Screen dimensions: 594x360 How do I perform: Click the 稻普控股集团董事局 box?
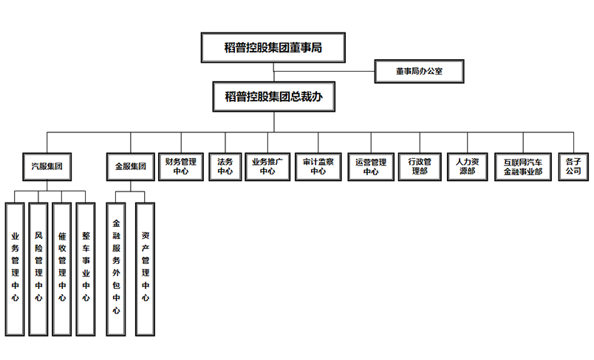[x=273, y=47]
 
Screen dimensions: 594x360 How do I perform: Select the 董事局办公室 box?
[x=420, y=71]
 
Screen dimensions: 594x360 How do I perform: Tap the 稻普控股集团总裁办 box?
[x=274, y=97]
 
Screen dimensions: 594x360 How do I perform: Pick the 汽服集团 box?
[x=47, y=167]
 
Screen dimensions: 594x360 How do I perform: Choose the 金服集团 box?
[x=131, y=167]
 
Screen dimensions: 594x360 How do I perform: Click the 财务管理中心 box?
[x=181, y=167]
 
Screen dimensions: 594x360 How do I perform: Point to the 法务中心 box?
[x=225, y=167]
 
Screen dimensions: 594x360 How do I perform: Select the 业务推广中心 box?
[x=267, y=167]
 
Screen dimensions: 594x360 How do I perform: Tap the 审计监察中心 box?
[x=318, y=167]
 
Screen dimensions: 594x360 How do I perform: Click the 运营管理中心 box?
[x=371, y=167]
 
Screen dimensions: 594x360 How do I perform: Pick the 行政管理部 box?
[x=420, y=167]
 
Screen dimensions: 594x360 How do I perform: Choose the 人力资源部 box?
[x=468, y=167]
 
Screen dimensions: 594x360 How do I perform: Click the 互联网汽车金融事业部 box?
[x=523, y=167]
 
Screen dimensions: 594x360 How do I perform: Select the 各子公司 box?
[x=573, y=167]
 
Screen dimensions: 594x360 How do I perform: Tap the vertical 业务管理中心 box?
[x=15, y=269]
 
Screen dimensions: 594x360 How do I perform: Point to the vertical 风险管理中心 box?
[x=38, y=269]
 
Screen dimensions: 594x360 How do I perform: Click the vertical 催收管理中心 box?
[x=62, y=269]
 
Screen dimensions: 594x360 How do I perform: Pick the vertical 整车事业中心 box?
[x=86, y=269]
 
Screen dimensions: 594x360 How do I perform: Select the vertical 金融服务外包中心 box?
[x=116, y=269]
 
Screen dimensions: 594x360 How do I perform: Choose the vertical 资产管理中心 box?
[x=145, y=269]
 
